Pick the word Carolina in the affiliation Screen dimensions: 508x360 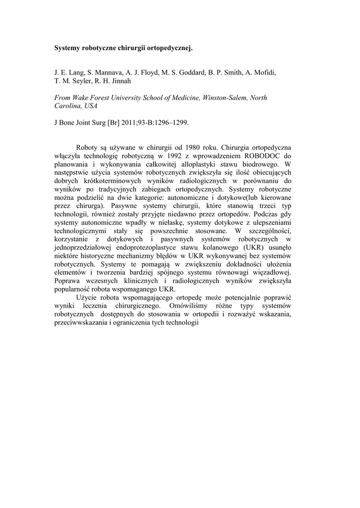click(x=68, y=106)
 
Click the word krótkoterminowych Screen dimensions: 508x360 click(x=111, y=181)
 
